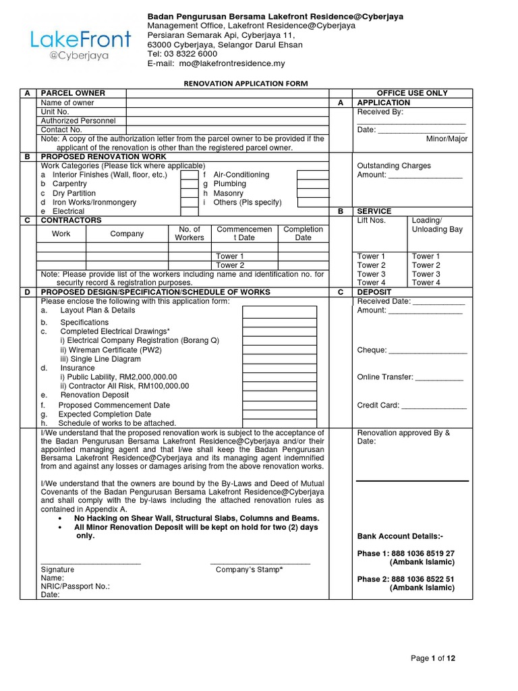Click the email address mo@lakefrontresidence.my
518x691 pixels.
tap(231, 63)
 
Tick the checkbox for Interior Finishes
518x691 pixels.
tap(188, 175)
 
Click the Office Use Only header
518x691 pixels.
tap(411, 93)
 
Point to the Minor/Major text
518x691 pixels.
tap(447, 139)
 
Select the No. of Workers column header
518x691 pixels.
tap(189, 233)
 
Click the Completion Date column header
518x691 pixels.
tap(303, 233)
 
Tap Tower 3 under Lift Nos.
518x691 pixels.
tap(371, 274)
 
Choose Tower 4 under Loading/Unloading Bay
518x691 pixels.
tap(426, 283)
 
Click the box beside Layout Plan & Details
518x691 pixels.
tap(279, 311)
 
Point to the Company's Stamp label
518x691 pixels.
tap(249, 570)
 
